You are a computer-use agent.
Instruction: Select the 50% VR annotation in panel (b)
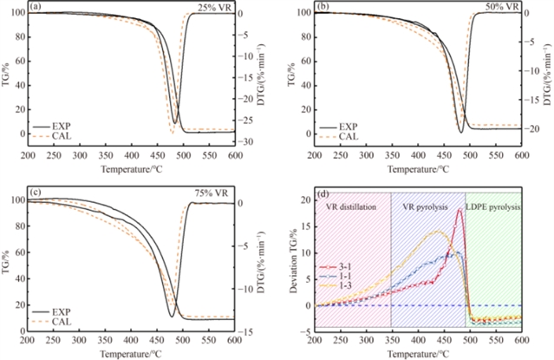[x=501, y=8]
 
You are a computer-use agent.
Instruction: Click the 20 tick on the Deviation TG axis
[x=303, y=200]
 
